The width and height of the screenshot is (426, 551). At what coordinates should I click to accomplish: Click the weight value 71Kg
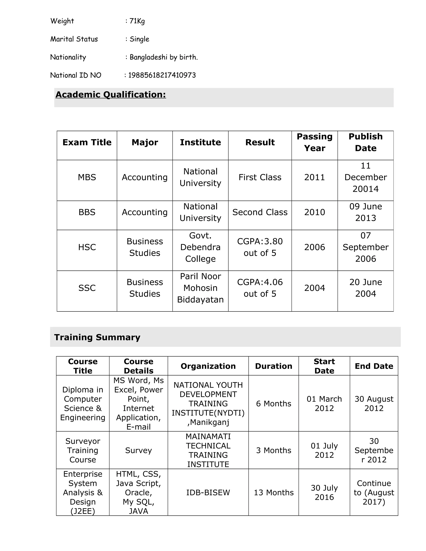tap(137, 21)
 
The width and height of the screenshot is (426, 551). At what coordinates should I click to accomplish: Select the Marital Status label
tap(74, 39)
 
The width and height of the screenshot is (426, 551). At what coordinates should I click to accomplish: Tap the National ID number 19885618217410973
tap(162, 75)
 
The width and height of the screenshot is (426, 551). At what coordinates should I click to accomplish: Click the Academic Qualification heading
tap(110, 95)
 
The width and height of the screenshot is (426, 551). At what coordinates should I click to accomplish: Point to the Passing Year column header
tap(315, 142)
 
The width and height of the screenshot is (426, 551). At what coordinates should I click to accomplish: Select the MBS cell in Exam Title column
tap(87, 177)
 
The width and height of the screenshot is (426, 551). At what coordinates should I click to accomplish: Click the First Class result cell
tap(260, 177)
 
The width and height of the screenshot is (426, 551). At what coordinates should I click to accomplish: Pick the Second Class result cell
tap(260, 212)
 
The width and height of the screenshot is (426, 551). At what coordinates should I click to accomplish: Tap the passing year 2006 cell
tap(315, 247)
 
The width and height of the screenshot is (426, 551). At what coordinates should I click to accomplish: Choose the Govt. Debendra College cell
tap(200, 247)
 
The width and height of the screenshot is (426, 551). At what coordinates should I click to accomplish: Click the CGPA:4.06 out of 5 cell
tap(260, 288)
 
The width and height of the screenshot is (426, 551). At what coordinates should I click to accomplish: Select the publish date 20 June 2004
tap(365, 288)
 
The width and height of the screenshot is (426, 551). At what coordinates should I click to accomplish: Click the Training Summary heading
tap(97, 337)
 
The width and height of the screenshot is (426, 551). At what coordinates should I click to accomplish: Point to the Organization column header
tap(208, 366)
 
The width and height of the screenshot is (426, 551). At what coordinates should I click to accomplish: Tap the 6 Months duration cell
tap(274, 404)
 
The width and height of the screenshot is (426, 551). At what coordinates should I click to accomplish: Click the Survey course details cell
tap(138, 450)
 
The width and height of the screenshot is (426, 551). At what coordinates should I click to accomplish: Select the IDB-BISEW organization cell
tap(208, 492)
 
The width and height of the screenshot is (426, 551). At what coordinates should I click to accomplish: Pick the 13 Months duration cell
tap(274, 492)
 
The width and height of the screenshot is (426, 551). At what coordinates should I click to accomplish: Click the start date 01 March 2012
tap(324, 404)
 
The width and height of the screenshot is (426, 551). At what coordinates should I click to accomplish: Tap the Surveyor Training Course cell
tap(83, 450)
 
